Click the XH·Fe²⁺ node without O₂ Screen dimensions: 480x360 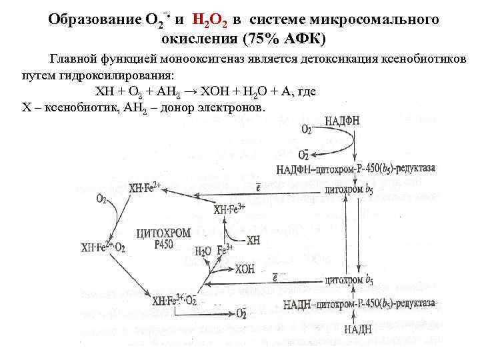coord(145,189)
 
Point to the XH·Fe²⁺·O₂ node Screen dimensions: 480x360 coord(103,247)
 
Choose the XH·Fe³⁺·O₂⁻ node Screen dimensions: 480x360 coord(174,301)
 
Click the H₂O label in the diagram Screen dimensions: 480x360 coord(203,251)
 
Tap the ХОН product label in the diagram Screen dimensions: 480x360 coord(245,269)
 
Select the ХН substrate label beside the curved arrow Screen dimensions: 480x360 coord(254,239)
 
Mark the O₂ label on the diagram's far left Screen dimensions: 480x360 coord(101,199)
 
